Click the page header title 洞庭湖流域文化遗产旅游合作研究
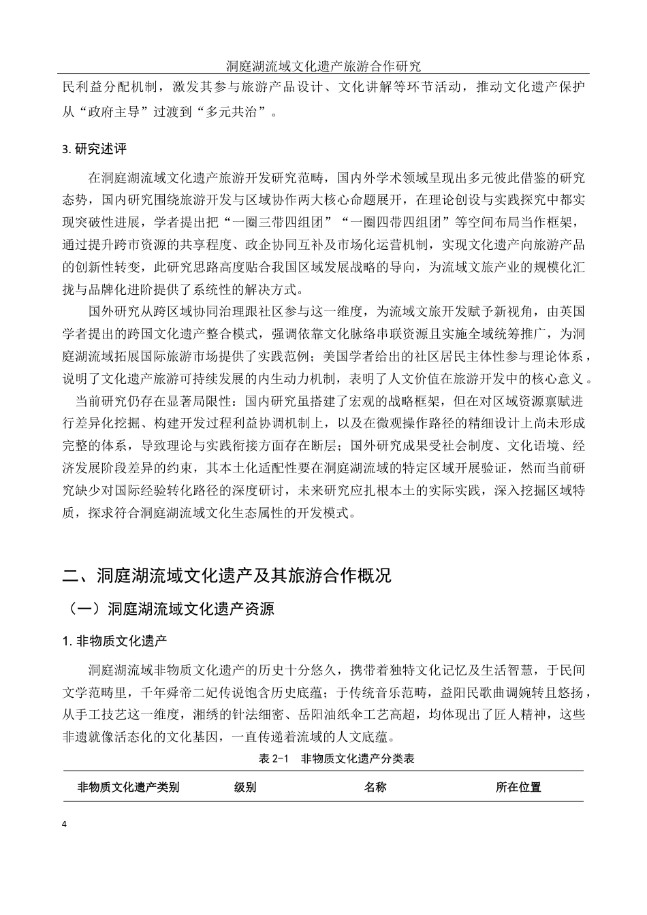323,66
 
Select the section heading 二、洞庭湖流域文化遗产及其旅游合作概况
227,575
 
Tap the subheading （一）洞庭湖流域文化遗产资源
170,609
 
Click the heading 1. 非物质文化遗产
114,641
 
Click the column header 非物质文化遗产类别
129,787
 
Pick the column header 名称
375,787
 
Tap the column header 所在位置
518,787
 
